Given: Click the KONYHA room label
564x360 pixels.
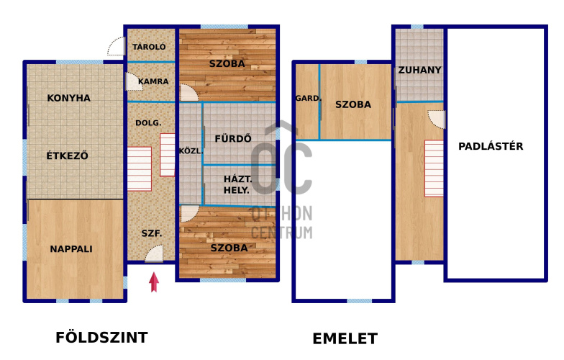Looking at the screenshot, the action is (69, 98).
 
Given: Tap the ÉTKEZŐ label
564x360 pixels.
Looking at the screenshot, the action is (68, 156).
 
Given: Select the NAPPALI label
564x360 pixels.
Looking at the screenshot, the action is (71, 249).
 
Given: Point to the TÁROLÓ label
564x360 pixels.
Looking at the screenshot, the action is (149, 46).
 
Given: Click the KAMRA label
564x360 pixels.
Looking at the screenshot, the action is (153, 81).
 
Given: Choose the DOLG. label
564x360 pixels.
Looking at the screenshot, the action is (148, 122).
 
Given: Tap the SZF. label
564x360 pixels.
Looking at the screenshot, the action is (151, 233).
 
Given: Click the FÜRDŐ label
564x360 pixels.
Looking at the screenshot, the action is (233, 138).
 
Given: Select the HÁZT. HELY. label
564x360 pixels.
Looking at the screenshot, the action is (237, 184).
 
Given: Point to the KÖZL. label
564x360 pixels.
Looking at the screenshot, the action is (191, 151).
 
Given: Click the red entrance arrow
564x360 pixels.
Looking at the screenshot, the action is (154, 282).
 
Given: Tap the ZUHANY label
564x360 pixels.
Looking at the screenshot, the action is (420, 70).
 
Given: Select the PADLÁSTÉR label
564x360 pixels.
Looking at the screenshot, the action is (491, 146).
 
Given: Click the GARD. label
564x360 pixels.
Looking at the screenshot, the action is (308, 98).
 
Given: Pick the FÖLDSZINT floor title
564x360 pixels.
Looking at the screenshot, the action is (102, 338).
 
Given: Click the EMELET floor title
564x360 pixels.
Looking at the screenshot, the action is (345, 338).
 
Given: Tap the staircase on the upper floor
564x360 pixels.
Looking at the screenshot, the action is (434, 168).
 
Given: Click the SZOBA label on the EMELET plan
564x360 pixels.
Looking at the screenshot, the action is (353, 104).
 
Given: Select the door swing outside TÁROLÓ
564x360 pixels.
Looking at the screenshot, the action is (116, 46).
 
